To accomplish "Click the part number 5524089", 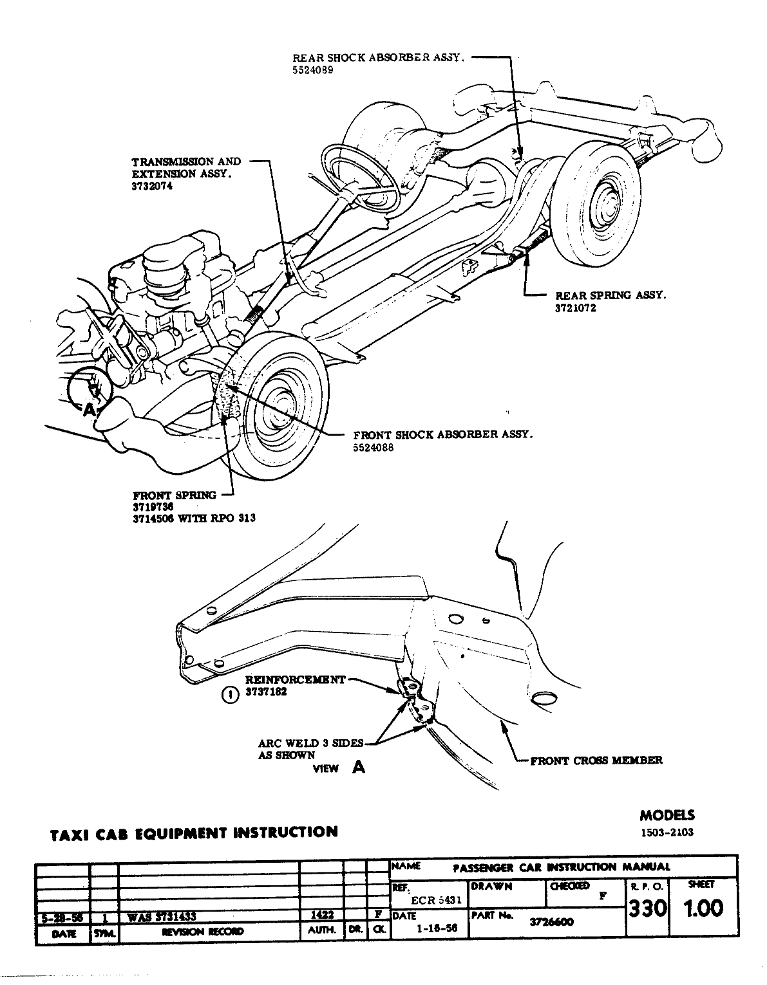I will point(313,69).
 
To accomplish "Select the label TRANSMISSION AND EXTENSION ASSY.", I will point(185,167).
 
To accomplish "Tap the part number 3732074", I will point(153,186).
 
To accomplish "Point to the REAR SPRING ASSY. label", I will point(610,295).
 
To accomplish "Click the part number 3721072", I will point(576,308).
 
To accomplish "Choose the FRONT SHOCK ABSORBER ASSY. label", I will point(443,434).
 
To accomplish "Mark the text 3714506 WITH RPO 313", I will point(194,519).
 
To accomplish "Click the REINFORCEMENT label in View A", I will point(296,679).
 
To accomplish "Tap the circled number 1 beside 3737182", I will point(229,694).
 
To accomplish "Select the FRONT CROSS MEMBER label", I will point(596,760).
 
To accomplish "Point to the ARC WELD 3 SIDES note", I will point(311,744).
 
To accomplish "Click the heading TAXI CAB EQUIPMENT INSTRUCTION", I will point(193,832).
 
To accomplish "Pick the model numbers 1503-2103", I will point(667,832).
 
